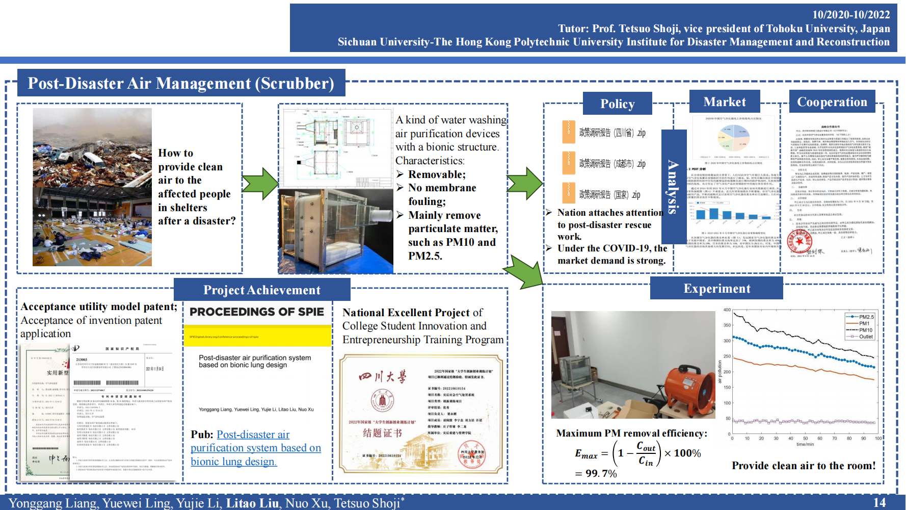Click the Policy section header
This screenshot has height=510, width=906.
pyautogui.click(x=617, y=104)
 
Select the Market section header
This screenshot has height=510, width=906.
pyautogui.click(x=724, y=102)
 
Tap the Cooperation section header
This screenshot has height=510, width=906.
pyautogui.click(x=832, y=102)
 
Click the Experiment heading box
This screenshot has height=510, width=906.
pyautogui.click(x=716, y=289)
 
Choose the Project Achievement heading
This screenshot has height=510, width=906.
pyautogui.click(x=262, y=290)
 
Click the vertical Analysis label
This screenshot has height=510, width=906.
pyautogui.click(x=673, y=187)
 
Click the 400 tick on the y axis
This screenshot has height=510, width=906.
pyautogui.click(x=727, y=310)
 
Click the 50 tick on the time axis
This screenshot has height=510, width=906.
pyautogui.click(x=805, y=438)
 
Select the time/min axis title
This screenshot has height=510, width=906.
pyautogui.click(x=805, y=444)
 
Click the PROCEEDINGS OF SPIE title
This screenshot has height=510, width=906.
pyautogui.click(x=257, y=312)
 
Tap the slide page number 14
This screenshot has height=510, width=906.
pyautogui.click(x=879, y=502)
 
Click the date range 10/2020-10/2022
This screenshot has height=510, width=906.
pyautogui.click(x=851, y=15)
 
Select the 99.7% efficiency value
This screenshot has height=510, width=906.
pyautogui.click(x=601, y=473)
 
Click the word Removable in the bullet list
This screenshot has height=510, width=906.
pyautogui.click(x=437, y=174)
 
